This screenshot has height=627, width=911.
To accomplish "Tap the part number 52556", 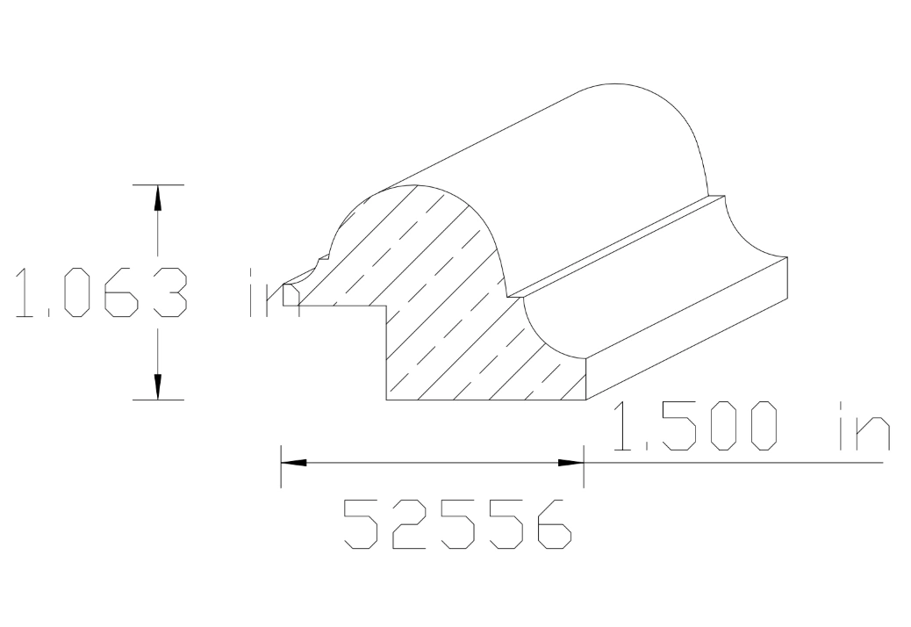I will (457, 524).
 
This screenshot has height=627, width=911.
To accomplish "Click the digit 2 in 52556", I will (409, 524).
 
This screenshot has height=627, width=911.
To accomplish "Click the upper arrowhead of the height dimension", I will (158, 198).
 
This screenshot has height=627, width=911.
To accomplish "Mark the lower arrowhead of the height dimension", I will (158, 386).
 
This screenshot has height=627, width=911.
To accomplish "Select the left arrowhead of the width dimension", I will (293, 461).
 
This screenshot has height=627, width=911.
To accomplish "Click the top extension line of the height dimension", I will (158, 185).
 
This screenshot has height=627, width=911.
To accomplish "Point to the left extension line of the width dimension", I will (281, 465).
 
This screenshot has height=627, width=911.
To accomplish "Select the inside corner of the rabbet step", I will (387, 306).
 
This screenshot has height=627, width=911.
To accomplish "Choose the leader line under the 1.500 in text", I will (737, 461).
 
